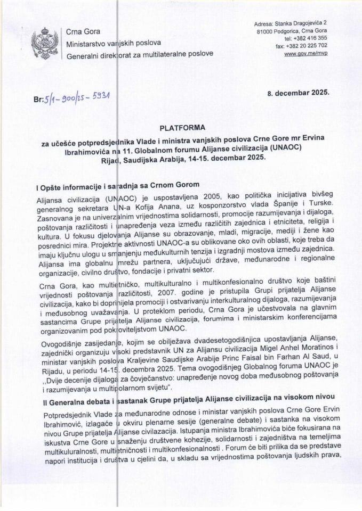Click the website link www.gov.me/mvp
pos(306,54)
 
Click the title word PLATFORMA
pos(181,128)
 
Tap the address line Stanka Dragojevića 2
pos(301,23)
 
